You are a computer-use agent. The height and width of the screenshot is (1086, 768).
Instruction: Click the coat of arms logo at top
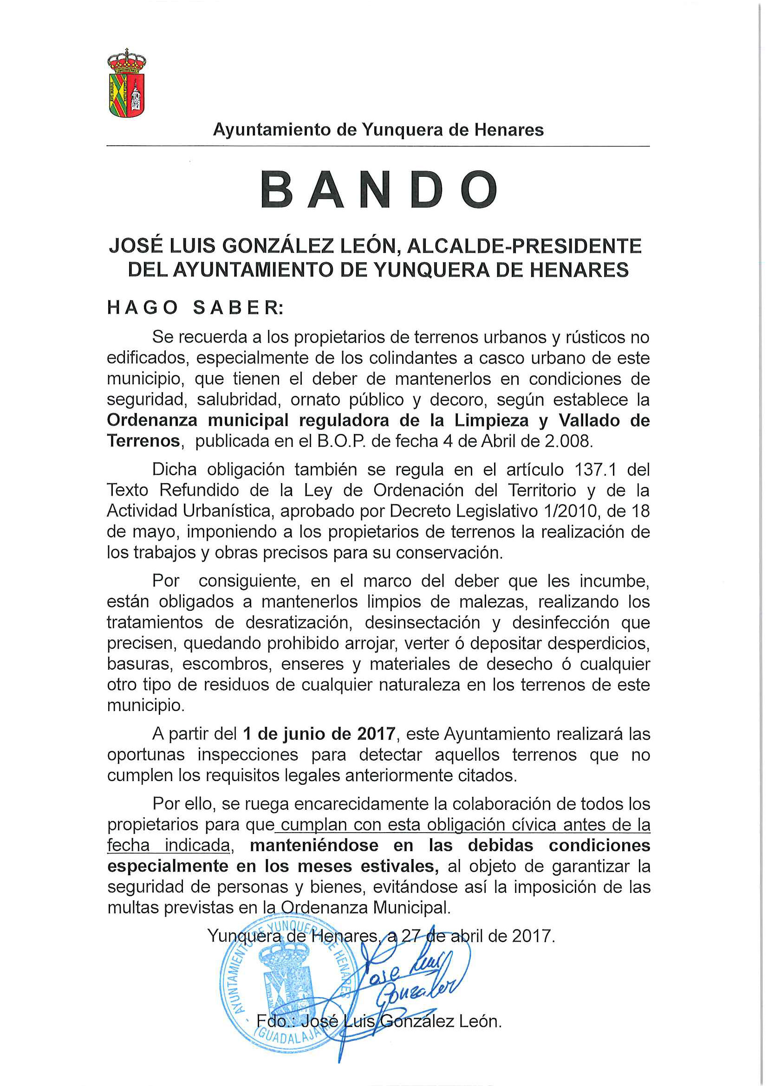click(126, 83)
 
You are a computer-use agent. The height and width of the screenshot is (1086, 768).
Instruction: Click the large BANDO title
click(378, 190)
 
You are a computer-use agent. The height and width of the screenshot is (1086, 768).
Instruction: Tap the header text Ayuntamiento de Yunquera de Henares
click(378, 129)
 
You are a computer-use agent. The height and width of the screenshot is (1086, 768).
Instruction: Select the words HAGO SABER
click(195, 308)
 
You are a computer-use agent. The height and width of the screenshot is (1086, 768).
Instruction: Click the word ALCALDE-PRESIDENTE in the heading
click(524, 246)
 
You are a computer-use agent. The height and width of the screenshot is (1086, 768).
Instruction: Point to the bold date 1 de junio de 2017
click(319, 734)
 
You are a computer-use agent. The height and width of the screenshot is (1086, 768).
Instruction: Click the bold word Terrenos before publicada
click(143, 441)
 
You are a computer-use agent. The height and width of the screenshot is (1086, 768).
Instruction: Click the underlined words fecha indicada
click(169, 845)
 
